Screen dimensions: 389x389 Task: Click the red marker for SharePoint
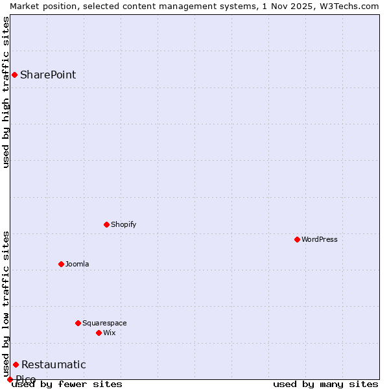14,75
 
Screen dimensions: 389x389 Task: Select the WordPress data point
297,239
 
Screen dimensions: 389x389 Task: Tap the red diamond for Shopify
106,224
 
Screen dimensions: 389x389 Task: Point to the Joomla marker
61,264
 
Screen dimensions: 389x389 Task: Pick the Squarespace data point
78,323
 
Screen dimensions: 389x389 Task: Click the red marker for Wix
99,333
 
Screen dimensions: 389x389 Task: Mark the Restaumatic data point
16,364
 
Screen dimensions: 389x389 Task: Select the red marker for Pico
10,379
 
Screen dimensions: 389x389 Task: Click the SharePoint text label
48,75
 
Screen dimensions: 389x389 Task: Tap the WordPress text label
320,239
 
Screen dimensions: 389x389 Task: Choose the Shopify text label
124,224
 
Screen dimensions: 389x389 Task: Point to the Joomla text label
77,264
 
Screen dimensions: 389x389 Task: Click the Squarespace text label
104,323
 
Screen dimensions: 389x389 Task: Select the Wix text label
110,333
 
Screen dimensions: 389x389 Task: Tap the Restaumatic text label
54,364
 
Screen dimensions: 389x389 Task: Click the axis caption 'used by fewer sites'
67,384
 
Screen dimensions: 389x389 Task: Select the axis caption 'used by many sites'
325,384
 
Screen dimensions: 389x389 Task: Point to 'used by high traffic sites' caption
6,92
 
